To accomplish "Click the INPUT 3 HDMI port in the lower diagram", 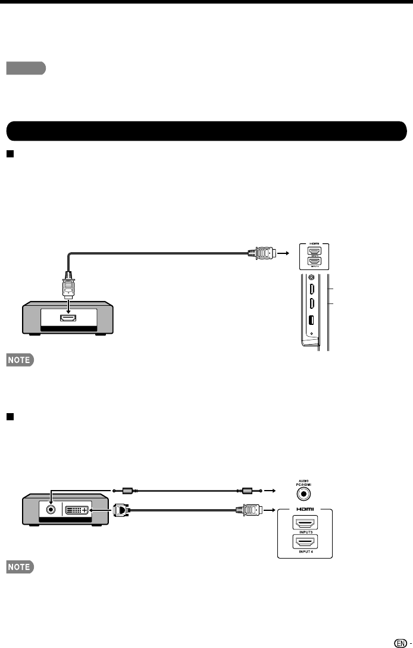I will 304,523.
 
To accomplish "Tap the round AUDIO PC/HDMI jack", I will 305,493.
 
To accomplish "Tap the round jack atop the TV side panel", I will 311,277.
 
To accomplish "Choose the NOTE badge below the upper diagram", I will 21,360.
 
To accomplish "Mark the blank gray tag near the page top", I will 26,69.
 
